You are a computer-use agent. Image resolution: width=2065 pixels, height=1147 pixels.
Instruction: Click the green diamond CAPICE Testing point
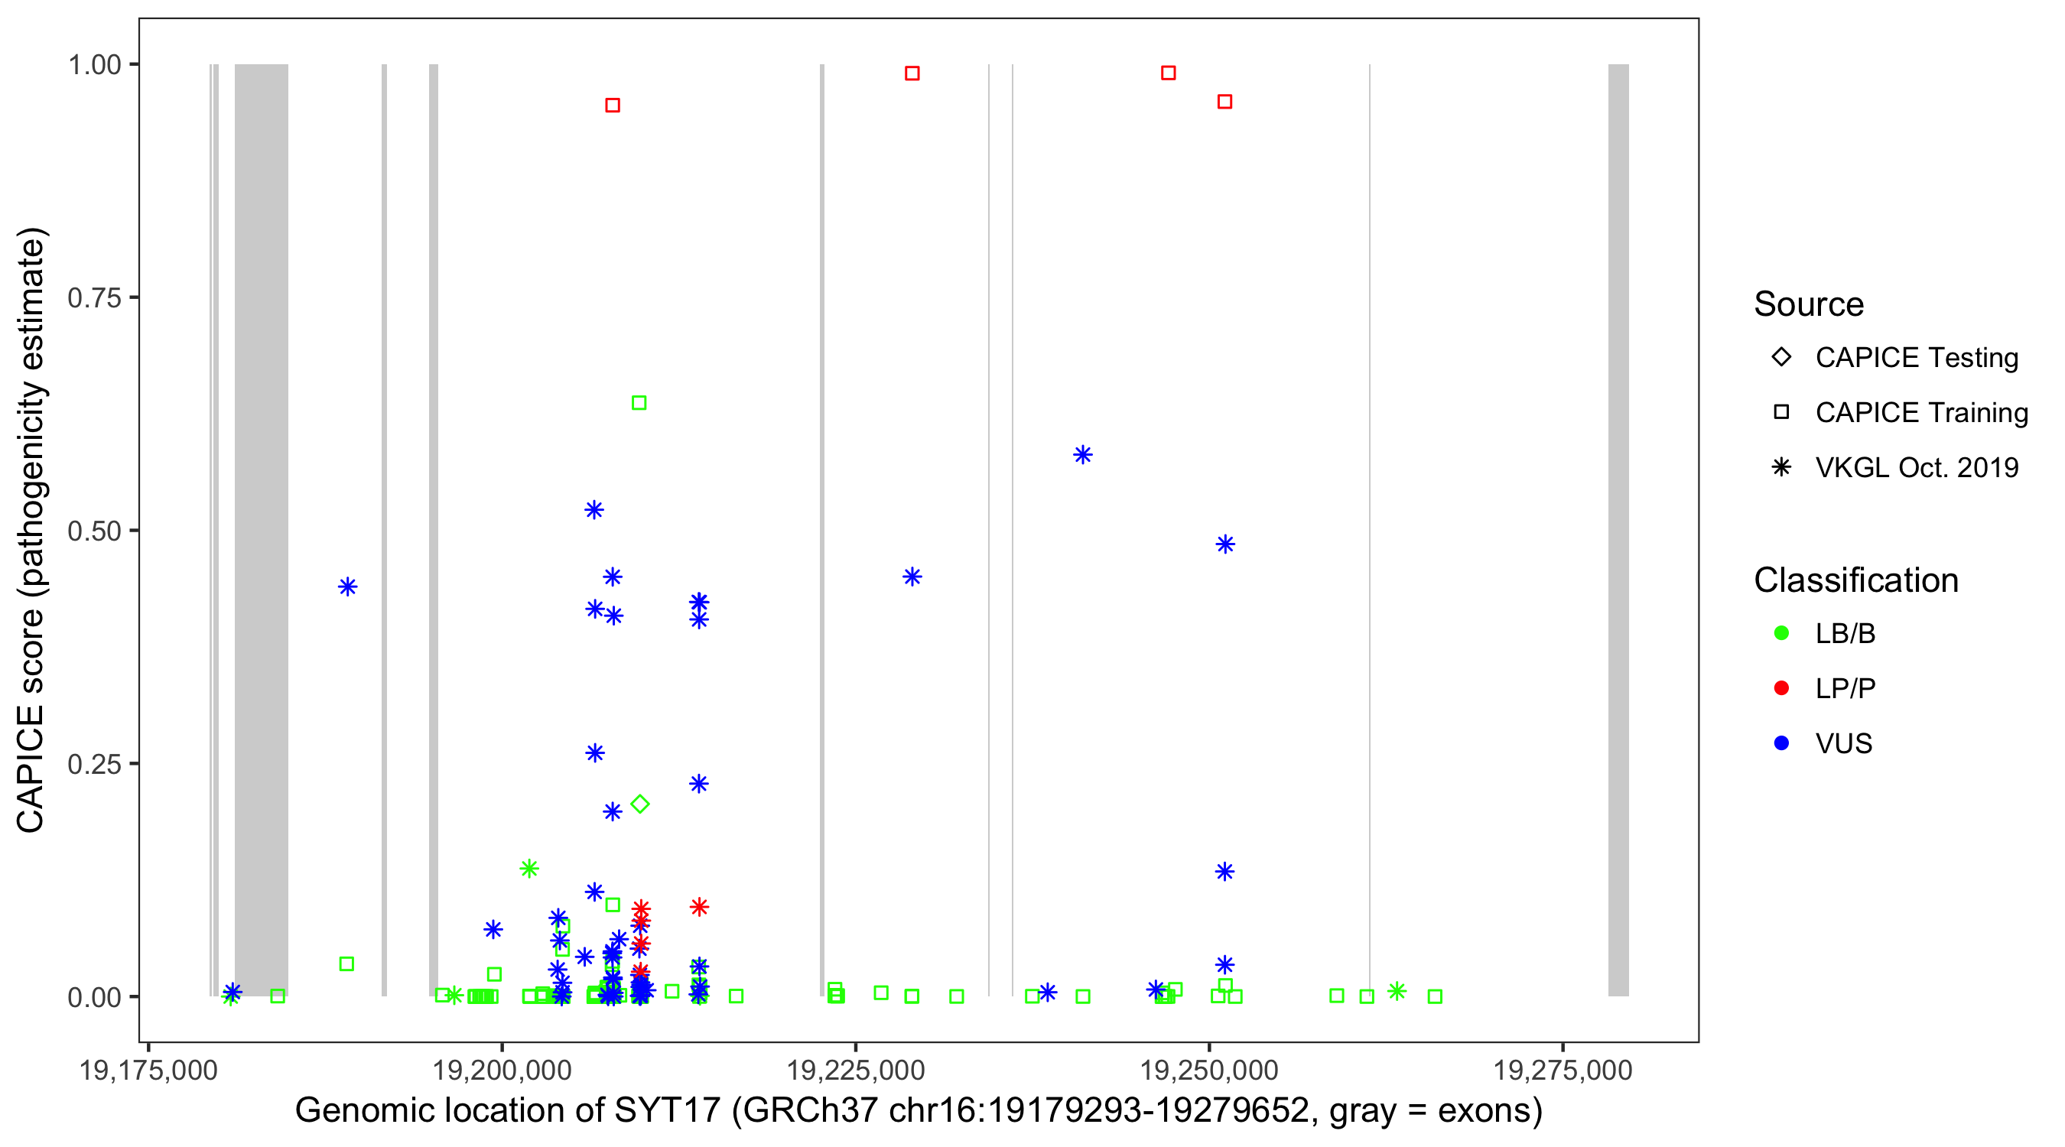click(x=639, y=804)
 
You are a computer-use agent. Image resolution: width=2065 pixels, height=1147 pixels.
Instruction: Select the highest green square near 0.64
click(x=639, y=402)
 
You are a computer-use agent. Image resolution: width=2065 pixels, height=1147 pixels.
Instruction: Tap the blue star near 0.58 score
click(x=1082, y=454)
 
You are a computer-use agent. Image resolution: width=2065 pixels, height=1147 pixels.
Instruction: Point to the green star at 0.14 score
click(x=528, y=868)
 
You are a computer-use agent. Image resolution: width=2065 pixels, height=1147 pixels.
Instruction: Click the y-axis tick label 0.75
click(x=94, y=298)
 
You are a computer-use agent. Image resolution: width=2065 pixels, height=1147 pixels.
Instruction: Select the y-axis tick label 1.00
click(x=94, y=65)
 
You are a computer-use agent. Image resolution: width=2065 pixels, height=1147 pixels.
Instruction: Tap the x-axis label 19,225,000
click(x=855, y=1070)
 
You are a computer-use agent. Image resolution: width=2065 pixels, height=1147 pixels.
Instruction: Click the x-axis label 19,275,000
click(x=1563, y=1070)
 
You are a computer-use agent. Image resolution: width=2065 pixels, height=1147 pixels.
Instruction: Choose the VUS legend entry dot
click(x=1781, y=743)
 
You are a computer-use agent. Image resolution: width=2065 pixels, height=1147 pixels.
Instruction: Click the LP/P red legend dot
click(x=1781, y=688)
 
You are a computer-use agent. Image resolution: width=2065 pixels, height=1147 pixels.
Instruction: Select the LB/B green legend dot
click(x=1781, y=633)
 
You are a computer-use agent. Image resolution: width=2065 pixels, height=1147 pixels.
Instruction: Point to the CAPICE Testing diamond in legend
click(x=1781, y=356)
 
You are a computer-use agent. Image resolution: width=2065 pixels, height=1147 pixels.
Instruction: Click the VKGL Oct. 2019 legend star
click(x=1781, y=467)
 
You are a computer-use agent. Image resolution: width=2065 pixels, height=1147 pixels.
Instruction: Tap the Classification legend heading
click(x=1855, y=580)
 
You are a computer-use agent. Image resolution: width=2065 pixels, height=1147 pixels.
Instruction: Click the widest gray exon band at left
click(x=262, y=529)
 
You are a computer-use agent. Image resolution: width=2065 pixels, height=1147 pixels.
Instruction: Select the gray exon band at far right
click(x=1618, y=529)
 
